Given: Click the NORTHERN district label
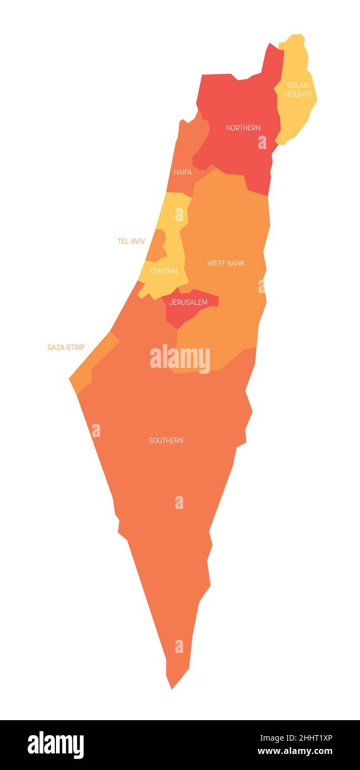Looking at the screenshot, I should click(243, 128).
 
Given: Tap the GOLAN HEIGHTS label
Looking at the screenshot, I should click(298, 90).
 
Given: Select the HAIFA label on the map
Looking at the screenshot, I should click(183, 172).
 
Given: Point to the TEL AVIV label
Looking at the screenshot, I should click(131, 242).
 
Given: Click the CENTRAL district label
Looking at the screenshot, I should click(165, 271).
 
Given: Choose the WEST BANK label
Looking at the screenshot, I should click(226, 263).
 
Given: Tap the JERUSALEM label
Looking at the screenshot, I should click(188, 302).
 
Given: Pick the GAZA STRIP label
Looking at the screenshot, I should click(66, 347).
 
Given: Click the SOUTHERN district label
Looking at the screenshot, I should click(166, 440).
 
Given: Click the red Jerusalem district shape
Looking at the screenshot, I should click(180, 316).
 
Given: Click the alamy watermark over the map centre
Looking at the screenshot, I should click(180, 358).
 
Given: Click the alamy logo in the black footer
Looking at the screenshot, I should click(56, 745).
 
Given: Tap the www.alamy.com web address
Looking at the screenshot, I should click(295, 751).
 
